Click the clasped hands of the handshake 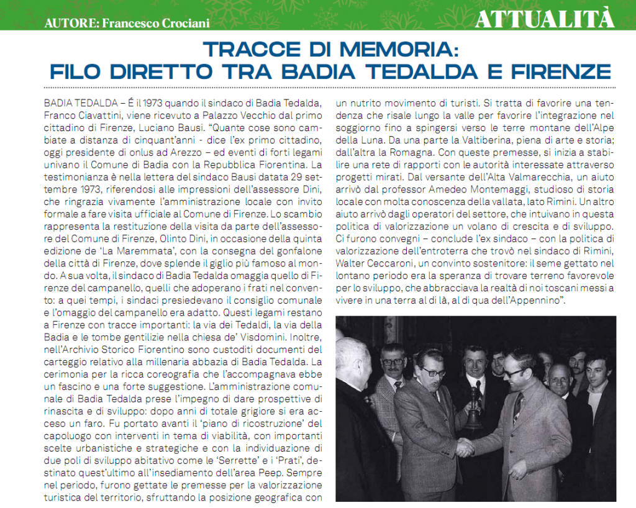pyautogui.click(x=466, y=447)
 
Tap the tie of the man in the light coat pyautogui.click(x=517, y=407)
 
